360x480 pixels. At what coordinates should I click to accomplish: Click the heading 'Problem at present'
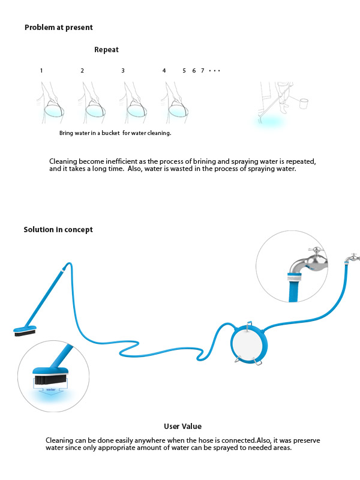(58, 28)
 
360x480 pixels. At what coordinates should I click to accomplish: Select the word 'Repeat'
(106, 50)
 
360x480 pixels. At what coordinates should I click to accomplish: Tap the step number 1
(41, 71)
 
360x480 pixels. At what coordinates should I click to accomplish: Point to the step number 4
(164, 71)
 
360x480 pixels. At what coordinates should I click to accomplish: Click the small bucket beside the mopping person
(304, 103)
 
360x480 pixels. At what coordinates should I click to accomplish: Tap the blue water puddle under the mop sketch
(269, 122)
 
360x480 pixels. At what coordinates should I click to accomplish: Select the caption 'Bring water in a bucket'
(89, 133)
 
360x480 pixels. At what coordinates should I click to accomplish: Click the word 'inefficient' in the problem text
(122, 161)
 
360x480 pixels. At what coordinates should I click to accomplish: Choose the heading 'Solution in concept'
(58, 230)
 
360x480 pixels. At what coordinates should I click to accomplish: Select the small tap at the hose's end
(352, 258)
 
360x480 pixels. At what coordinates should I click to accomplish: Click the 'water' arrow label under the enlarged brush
(51, 389)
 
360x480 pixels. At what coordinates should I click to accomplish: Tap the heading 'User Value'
(183, 427)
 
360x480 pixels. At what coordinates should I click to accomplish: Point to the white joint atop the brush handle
(64, 269)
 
